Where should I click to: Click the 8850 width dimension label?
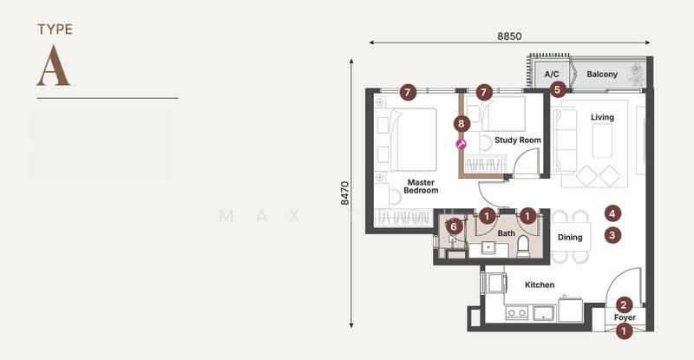coord(509,36)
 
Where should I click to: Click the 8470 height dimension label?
coord(344,193)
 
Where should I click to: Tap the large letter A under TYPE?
coord(54,66)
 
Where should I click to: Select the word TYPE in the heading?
coord(55,29)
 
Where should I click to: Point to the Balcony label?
coord(602,74)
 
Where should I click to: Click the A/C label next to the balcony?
coord(552,74)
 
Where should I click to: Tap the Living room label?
coord(602,117)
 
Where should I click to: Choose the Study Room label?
coord(517,140)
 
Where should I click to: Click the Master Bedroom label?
coord(421,187)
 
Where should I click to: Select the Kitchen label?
coord(540,285)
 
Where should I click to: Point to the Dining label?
coord(570,238)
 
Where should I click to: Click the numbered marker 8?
coord(462,123)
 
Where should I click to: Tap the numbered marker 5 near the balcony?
coord(557,90)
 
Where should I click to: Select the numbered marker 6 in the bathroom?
coord(454,227)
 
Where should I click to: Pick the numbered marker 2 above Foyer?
coord(624,304)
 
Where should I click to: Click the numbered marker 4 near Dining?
coord(612,214)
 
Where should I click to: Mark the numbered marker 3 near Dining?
coord(612,235)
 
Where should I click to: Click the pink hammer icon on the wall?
coord(462,144)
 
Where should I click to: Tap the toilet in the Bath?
coord(523,245)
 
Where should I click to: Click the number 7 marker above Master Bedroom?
coord(408,93)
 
